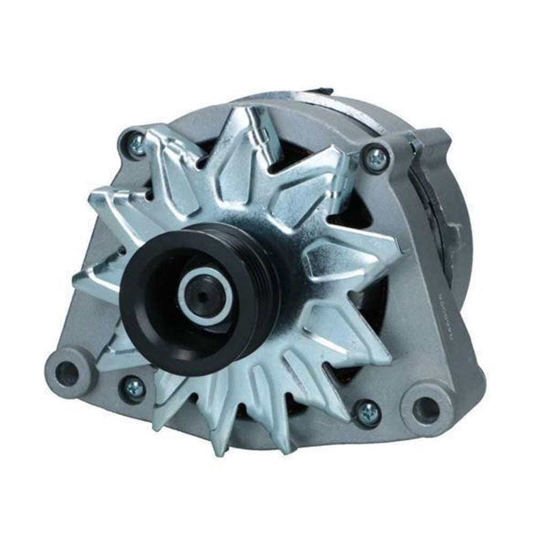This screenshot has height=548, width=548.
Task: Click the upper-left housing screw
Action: point(136,143)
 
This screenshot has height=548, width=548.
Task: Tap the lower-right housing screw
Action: point(368,412)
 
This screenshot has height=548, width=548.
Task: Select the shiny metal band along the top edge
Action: point(342,110)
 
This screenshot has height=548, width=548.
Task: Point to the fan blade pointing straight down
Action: point(225,428)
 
